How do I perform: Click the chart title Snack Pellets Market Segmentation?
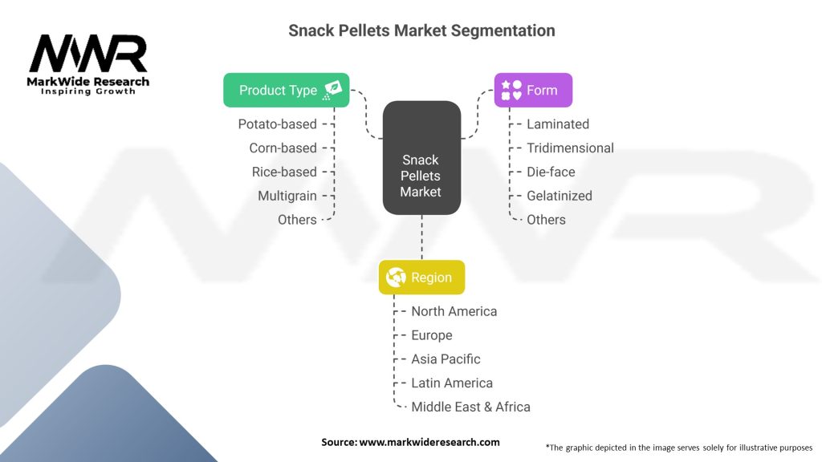(421, 30)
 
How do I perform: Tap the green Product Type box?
(287, 90)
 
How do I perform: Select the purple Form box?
(533, 90)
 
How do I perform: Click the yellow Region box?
(421, 277)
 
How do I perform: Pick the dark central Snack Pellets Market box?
(421, 158)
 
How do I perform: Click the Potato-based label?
(277, 124)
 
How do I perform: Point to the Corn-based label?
(283, 148)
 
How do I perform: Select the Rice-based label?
(284, 172)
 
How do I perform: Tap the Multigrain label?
(287, 196)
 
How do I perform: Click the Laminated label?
(558, 124)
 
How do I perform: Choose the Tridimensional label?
(570, 148)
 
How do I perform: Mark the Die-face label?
(551, 172)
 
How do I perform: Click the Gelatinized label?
(560, 196)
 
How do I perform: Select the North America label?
(454, 311)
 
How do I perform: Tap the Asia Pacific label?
(446, 359)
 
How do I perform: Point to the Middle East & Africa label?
(470, 407)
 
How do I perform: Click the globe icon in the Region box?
(396, 277)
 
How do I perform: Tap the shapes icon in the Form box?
(511, 90)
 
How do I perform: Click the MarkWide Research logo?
(88, 64)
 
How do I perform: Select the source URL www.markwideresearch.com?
(429, 442)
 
